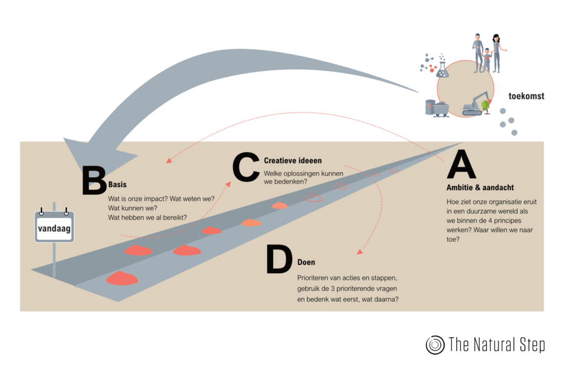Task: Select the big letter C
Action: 246,166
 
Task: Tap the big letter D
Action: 279,259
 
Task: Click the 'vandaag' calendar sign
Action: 53,227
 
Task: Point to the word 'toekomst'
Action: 527,96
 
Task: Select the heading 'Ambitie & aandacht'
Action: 480,188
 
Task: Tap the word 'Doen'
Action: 306,262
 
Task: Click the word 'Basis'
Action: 117,185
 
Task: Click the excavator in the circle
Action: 473,103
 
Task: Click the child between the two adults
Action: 486,59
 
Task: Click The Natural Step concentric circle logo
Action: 435,344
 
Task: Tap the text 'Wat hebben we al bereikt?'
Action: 147,217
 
